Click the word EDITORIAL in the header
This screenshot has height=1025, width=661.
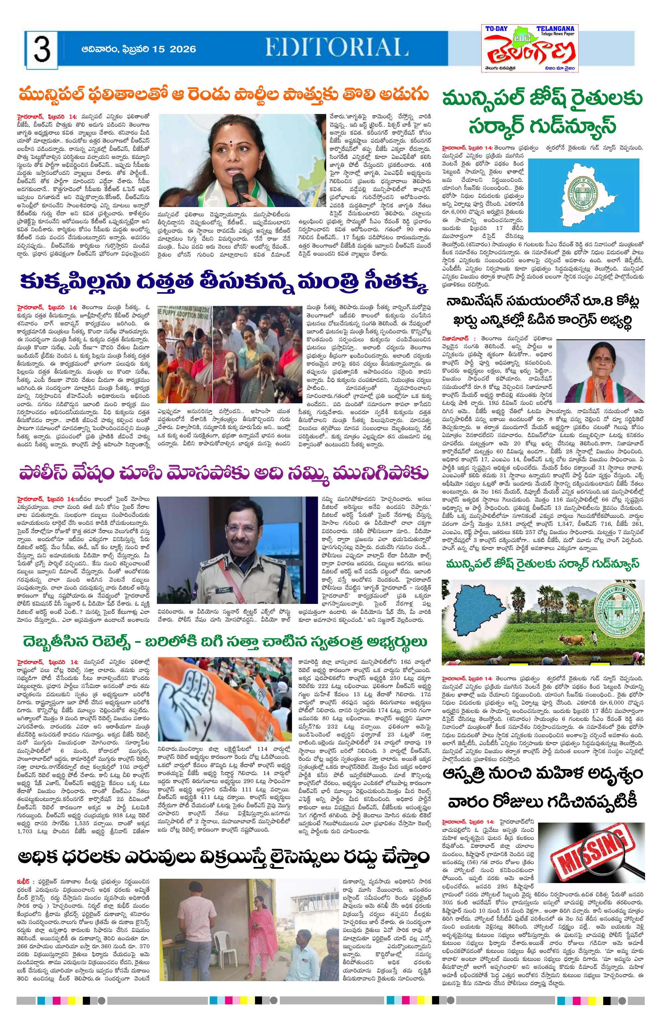[330, 47]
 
